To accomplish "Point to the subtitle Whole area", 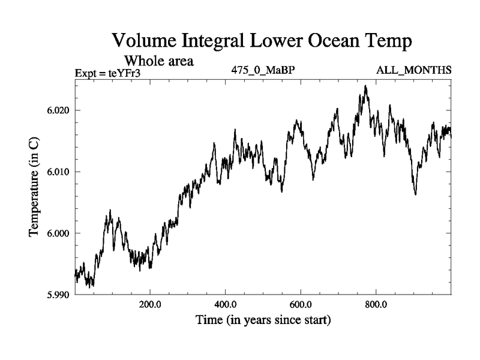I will pos(158,61).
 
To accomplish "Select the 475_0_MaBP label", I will pos(263,70).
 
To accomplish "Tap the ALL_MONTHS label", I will pos(413,70).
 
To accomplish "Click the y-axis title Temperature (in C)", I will pos(35,186).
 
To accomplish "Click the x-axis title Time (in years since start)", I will pos(263,321).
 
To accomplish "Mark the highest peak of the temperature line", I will pos(365,86).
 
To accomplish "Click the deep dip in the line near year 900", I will pos(415,194).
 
